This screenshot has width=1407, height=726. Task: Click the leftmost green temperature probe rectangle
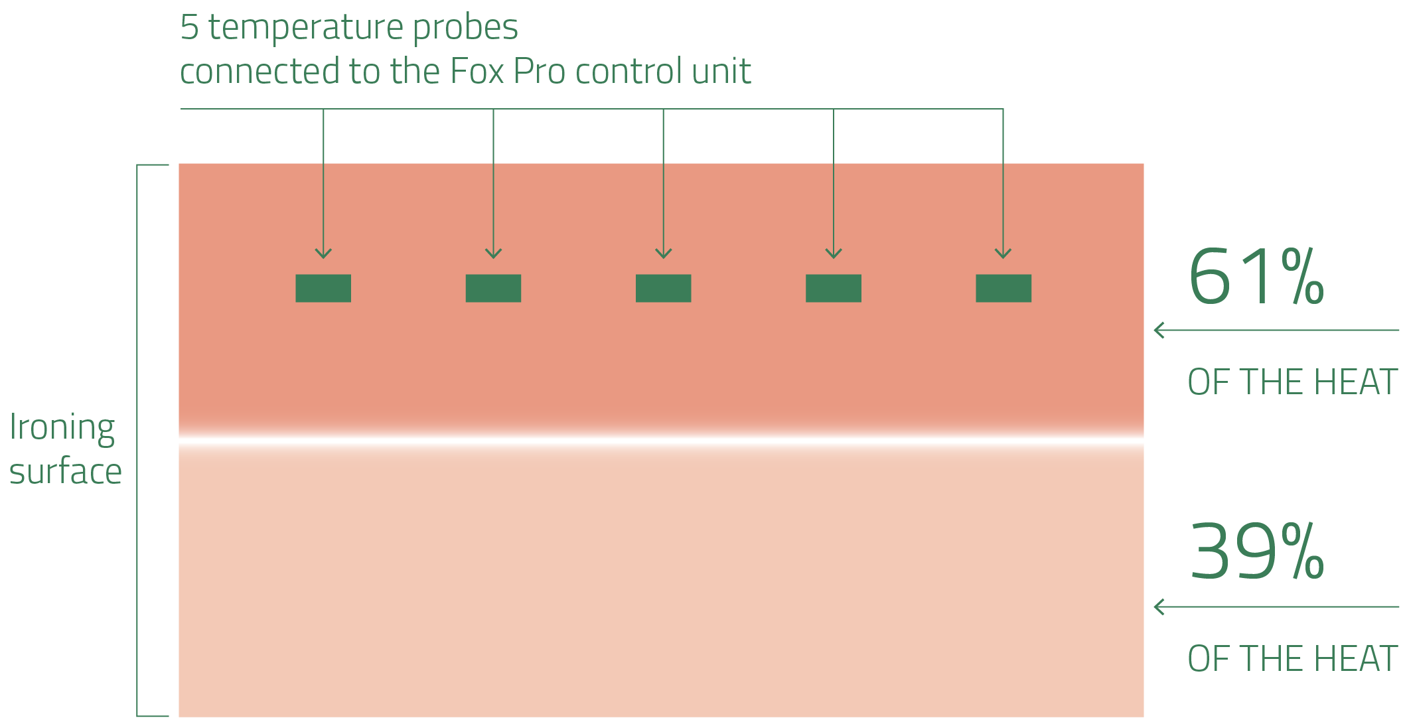(x=323, y=288)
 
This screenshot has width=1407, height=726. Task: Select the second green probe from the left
(x=493, y=288)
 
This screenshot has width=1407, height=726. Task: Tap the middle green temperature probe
(x=664, y=288)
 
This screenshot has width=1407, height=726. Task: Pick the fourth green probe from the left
(x=834, y=288)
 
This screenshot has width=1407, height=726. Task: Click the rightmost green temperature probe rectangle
(x=1003, y=288)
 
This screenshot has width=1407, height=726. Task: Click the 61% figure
(x=1256, y=277)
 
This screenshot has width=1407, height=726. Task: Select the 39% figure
(x=1256, y=551)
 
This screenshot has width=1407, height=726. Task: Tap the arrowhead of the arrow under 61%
(x=1160, y=330)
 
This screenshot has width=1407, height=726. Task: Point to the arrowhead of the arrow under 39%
(x=1160, y=607)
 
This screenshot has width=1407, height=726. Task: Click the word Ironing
(x=62, y=427)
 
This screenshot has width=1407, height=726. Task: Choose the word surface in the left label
(x=65, y=472)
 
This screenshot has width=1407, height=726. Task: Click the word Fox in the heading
(x=477, y=71)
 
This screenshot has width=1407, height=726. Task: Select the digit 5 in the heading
(x=189, y=28)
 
